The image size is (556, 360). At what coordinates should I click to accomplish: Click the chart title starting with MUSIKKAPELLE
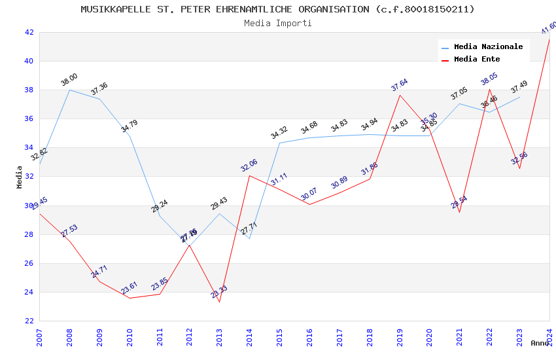point(277,9)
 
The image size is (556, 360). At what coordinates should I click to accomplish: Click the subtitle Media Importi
point(277,23)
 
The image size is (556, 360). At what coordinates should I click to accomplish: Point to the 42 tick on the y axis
point(29,32)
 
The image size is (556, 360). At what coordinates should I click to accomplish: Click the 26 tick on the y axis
point(29,263)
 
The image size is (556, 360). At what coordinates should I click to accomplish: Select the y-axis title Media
point(20,177)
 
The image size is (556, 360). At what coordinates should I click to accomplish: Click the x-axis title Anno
point(540,343)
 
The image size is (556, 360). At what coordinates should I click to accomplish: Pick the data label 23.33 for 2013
point(219,292)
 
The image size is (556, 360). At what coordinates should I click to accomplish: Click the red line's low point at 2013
point(219,302)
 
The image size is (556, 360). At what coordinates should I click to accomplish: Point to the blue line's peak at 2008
point(69,90)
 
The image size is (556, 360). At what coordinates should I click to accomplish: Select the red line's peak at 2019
point(400,95)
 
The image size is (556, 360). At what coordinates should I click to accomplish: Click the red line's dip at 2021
point(459,212)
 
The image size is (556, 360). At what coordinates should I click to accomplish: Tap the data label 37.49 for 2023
point(519,86)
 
